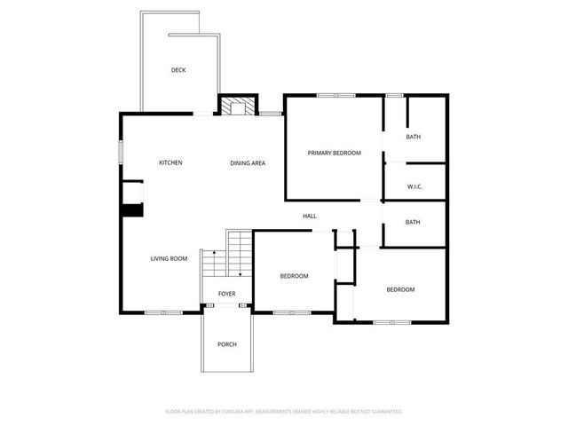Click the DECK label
(x=178, y=70)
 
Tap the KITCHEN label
(x=170, y=162)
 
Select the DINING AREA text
(x=248, y=162)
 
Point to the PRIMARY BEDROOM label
(x=334, y=153)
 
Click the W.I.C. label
(x=414, y=185)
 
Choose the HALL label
(x=310, y=216)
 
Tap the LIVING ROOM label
(x=169, y=258)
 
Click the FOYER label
(x=227, y=293)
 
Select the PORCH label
(x=227, y=343)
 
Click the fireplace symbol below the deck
(x=238, y=106)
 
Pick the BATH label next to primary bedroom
(x=414, y=137)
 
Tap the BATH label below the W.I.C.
(x=414, y=223)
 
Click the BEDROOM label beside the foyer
(x=294, y=276)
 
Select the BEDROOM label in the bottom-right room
(x=400, y=289)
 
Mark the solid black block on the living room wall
(x=132, y=209)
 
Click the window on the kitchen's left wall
(x=122, y=151)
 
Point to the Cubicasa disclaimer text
(x=284, y=411)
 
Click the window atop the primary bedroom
(x=335, y=94)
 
